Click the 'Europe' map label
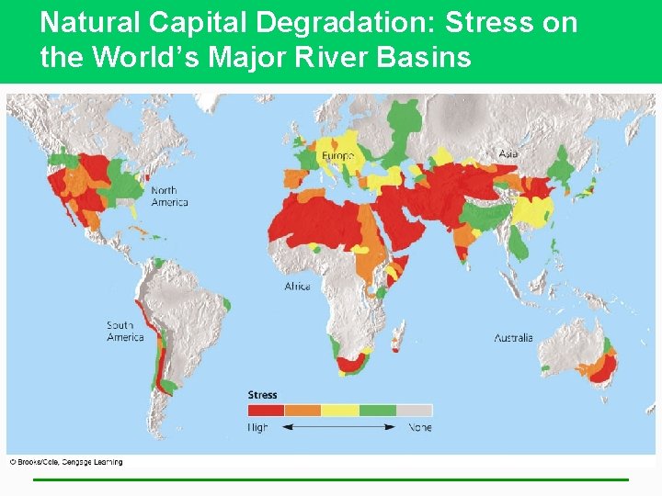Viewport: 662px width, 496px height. (x=337, y=156)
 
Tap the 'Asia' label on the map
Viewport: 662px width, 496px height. (x=508, y=153)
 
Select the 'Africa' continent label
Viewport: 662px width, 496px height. (x=297, y=287)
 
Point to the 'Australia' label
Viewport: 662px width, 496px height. (x=513, y=338)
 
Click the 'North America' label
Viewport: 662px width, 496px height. (x=169, y=197)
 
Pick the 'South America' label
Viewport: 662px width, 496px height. (x=125, y=331)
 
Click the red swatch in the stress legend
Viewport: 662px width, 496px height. (x=266, y=411)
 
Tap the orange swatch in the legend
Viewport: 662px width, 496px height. (x=302, y=411)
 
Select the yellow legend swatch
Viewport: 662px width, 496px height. (x=339, y=411)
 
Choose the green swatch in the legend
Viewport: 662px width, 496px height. (x=377, y=411)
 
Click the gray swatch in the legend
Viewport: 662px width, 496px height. (x=414, y=411)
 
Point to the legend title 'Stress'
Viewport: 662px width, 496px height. (x=262, y=395)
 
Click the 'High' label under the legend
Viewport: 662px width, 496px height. (x=258, y=427)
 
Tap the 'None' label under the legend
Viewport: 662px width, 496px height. (x=419, y=427)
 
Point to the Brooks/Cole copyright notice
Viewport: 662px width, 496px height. (x=66, y=462)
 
